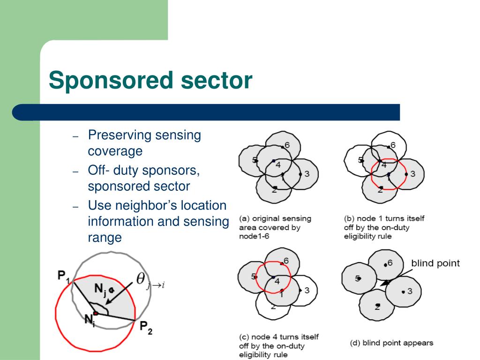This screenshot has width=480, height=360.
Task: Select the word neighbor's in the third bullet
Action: pyautogui.click(x=158, y=205)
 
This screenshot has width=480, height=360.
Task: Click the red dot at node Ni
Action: pyautogui.click(x=95, y=313)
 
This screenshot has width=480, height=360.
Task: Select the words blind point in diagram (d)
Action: pyautogui.click(x=435, y=263)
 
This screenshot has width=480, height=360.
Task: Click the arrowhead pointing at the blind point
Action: pyautogui.click(x=384, y=283)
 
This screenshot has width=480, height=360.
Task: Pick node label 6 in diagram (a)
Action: pyautogui.click(x=287, y=145)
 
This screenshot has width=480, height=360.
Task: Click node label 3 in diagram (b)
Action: pyautogui.click(x=412, y=174)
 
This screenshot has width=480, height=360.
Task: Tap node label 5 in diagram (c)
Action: pyautogui.click(x=253, y=276)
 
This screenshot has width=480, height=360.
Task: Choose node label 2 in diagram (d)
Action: pyautogui.click(x=377, y=307)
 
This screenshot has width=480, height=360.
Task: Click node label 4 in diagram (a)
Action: pyautogui.click(x=277, y=165)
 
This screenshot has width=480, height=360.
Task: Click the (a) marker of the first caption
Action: pyautogui.click(x=244, y=219)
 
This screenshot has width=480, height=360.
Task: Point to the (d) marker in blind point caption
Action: pyautogui.click(x=355, y=343)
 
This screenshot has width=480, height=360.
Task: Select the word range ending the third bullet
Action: pyautogui.click(x=105, y=237)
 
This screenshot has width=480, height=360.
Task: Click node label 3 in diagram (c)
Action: pyautogui.click(x=307, y=290)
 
